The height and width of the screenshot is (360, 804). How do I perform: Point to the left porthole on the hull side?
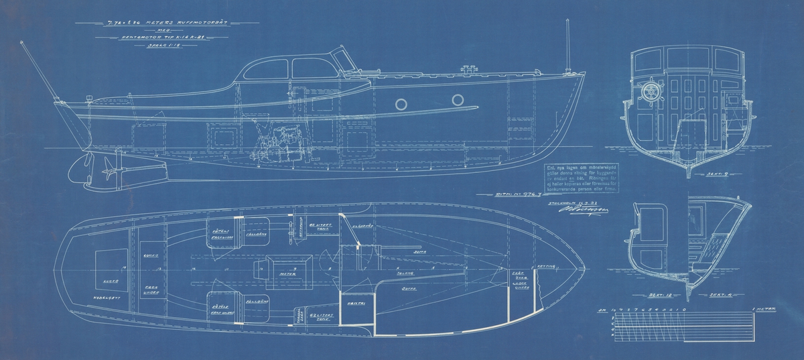tap(401, 103)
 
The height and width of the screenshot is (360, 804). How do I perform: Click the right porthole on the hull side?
tap(458, 100)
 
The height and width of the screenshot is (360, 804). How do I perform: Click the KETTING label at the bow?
tap(547, 266)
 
